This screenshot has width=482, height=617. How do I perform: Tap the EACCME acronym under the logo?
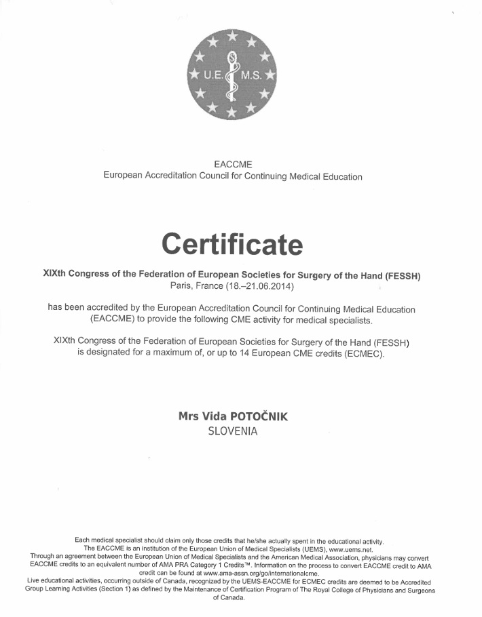point(232,165)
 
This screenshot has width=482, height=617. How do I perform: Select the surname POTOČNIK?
point(259,416)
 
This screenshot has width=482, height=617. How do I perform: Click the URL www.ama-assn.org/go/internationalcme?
point(261,573)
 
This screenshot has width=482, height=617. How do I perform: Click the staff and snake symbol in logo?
point(232,75)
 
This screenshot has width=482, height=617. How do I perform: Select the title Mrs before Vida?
point(188,416)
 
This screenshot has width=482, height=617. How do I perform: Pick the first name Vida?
point(215,416)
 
